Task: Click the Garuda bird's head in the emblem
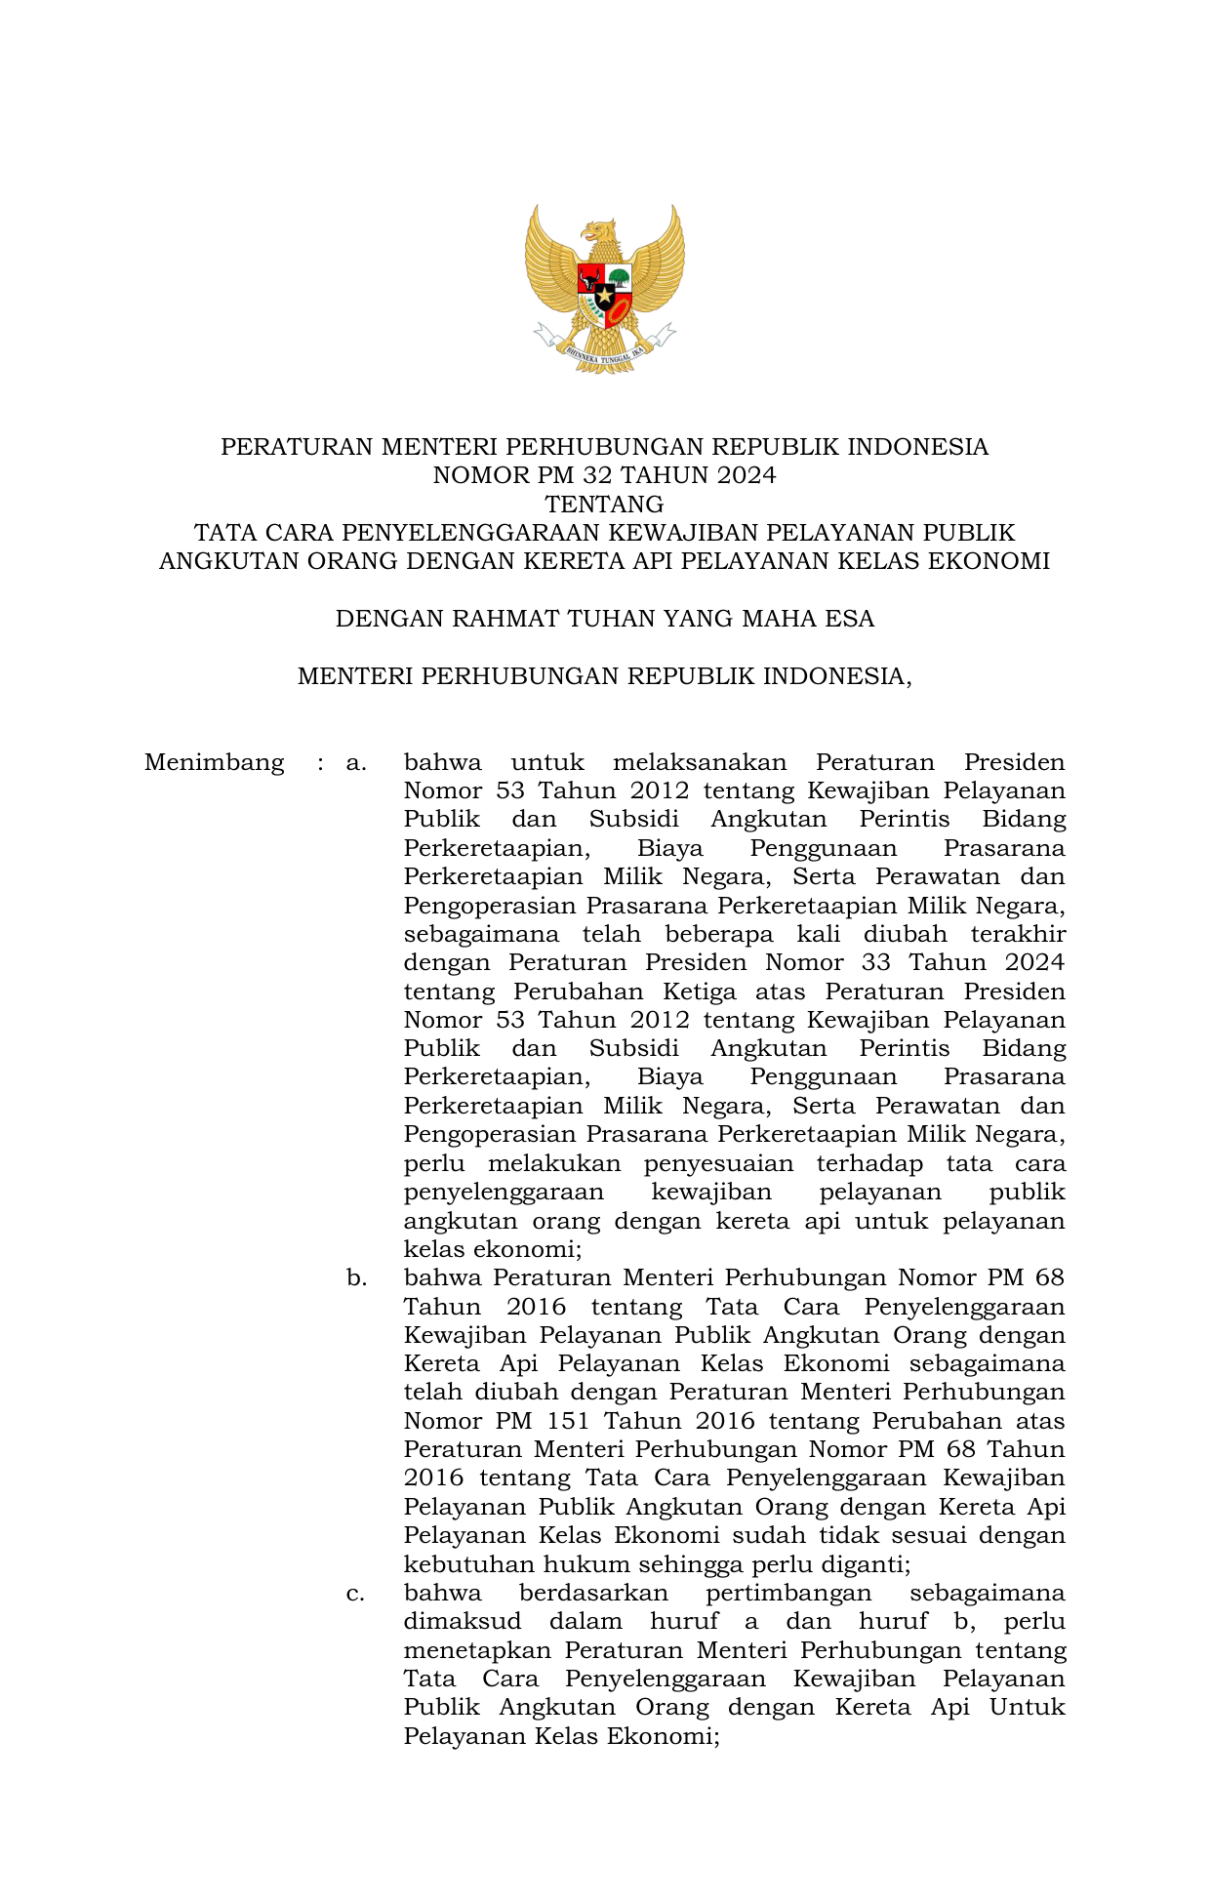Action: click(597, 233)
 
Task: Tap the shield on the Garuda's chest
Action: click(604, 287)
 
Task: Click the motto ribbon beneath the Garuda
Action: click(604, 353)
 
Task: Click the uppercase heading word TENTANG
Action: click(604, 505)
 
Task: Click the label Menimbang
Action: click(214, 762)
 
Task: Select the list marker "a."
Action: click(356, 762)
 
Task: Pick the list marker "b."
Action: click(356, 1277)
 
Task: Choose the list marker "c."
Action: click(356, 1593)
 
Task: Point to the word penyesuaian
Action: click(718, 1163)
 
